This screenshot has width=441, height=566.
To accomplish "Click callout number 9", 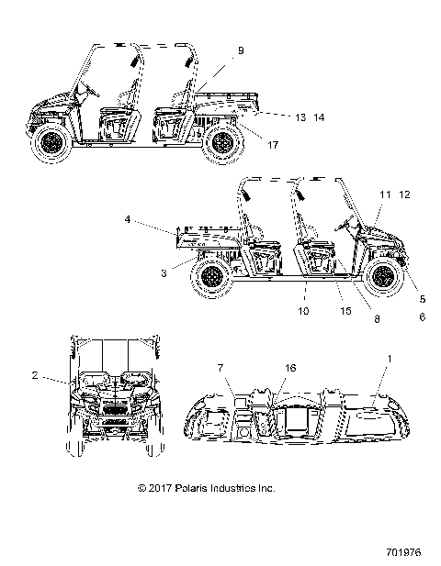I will coord(241,51).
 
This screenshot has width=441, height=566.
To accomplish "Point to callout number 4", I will coord(153,219).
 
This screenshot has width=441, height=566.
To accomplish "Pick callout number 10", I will coord(305,311).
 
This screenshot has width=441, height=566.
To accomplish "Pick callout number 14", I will coord(293,118).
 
